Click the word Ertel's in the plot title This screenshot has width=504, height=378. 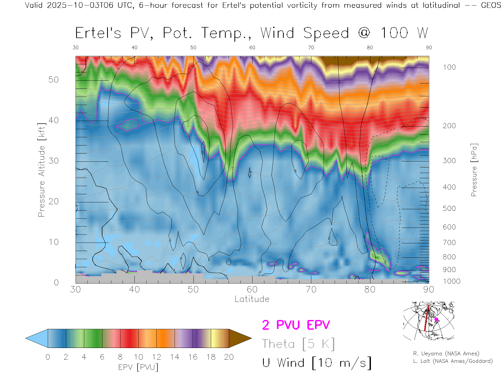click(98, 33)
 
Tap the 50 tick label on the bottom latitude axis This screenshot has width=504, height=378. click(193, 290)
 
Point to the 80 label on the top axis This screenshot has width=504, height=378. click(370, 48)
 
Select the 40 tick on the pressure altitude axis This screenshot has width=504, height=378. click(54, 120)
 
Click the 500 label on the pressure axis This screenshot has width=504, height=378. click(449, 208)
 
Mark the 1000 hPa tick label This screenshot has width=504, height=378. click(451, 281)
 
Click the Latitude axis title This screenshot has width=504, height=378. click(252, 299)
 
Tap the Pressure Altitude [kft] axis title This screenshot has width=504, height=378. click(41, 170)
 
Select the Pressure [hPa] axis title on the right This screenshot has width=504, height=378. click(474, 170)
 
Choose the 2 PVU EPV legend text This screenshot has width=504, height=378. click(296, 325)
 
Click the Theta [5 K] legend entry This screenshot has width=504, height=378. click(298, 344)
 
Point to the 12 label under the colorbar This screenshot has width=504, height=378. click(156, 357)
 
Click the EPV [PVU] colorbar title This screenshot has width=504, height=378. click(138, 367)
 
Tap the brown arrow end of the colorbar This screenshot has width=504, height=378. click(239, 338)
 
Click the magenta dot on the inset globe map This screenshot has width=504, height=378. click(436, 319)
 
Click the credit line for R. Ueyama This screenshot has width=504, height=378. click(446, 354)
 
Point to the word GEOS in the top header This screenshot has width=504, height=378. click(491, 5)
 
